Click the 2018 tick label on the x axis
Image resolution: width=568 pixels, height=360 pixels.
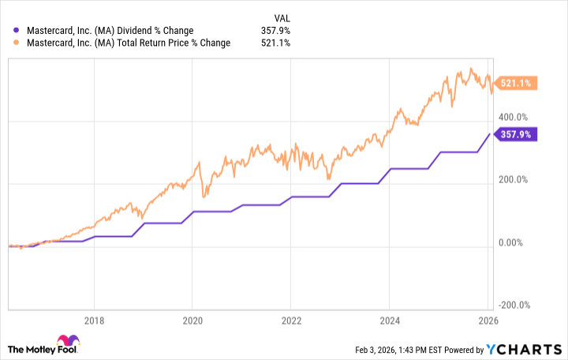[94, 321]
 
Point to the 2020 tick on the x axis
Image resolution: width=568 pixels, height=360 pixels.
[192, 321]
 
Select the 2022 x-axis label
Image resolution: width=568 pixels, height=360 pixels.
[291, 321]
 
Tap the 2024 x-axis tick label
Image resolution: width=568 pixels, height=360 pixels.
[390, 321]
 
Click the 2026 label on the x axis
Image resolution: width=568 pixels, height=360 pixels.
[488, 321]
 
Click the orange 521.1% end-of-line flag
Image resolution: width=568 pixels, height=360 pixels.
[516, 82]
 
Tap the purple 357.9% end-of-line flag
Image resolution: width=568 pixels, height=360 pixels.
[516, 134]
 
